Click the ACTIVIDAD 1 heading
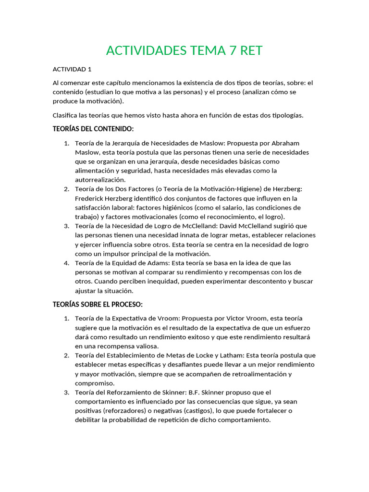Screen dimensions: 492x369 pyautogui.click(x=72, y=69)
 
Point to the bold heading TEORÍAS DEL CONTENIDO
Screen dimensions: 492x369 pyautogui.click(x=93, y=129)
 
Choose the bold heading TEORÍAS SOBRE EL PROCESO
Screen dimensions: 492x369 pyautogui.click(x=98, y=305)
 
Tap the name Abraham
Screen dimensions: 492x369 pyautogui.click(x=285, y=143)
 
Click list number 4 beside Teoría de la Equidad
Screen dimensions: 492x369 pyautogui.click(x=66, y=263)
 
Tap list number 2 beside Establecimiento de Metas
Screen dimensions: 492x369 pyautogui.click(x=66, y=356)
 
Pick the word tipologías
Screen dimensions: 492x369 pyautogui.click(x=286, y=115)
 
